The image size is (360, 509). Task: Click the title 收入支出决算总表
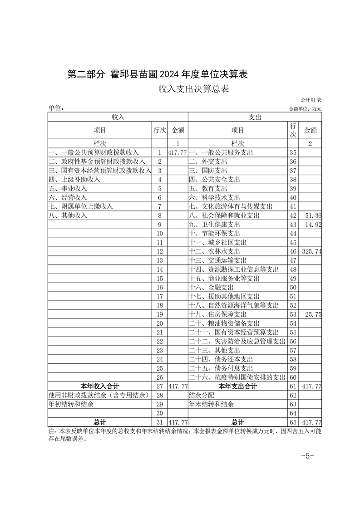coord(193,89)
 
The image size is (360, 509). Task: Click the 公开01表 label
coord(311,100)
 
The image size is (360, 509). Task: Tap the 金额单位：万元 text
coord(305,109)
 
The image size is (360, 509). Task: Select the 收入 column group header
coord(118,117)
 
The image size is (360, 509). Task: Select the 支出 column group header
coord(254,117)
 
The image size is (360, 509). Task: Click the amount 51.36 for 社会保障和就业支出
coord(314,215)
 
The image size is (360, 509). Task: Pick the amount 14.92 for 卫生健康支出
coord(314,225)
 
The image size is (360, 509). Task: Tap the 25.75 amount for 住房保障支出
coord(314,314)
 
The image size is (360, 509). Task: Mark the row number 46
coord(293,251)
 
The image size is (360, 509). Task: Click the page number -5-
coord(307,456)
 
